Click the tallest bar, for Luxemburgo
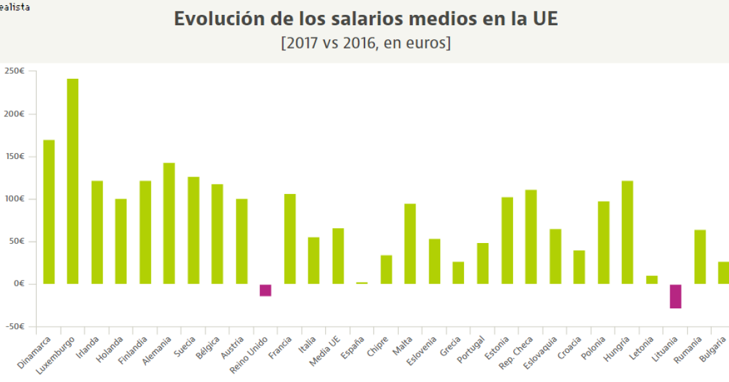(x=72, y=181)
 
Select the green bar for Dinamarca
(x=48, y=211)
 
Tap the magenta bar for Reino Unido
(x=265, y=290)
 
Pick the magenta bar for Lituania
(x=675, y=297)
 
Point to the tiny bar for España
(x=362, y=283)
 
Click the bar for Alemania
(x=169, y=223)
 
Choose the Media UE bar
(x=338, y=256)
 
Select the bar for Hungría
(x=627, y=232)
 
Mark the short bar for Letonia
(x=651, y=280)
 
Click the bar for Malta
(x=410, y=244)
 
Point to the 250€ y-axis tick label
(x=14, y=72)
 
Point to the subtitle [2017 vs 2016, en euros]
(x=366, y=43)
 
